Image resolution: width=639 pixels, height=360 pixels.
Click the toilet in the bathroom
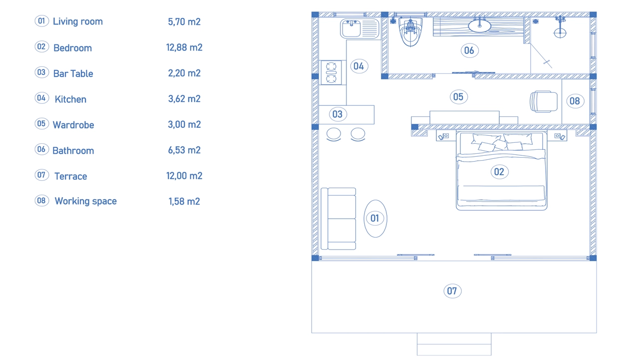point(410,31)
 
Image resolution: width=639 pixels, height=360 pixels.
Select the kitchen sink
point(360,28)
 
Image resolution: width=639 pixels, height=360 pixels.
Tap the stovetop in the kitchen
point(331,72)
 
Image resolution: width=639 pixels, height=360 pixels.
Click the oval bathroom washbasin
point(480,25)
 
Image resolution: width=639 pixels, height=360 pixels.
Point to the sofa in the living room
point(338,219)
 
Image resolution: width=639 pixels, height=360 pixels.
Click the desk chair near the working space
point(544,101)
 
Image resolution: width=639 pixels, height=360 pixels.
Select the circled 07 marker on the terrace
point(452,291)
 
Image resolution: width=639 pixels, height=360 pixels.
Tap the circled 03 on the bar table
point(338,114)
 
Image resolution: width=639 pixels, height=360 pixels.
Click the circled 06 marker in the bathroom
point(469,50)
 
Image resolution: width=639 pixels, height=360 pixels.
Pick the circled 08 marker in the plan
point(575,101)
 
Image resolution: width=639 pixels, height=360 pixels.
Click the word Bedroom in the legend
point(73,48)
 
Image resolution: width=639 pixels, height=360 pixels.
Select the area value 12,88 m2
point(184,47)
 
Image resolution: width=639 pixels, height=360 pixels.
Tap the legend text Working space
point(85,201)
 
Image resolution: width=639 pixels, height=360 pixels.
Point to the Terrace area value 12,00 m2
point(184,176)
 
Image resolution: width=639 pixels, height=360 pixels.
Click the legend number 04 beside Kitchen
point(41,98)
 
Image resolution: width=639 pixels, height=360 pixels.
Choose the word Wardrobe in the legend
point(73,125)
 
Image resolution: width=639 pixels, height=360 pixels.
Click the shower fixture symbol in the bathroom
point(560,27)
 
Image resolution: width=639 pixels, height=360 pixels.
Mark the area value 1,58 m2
point(184,201)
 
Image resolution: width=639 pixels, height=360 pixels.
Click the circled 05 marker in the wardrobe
point(458,97)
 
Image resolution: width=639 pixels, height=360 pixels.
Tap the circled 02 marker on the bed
point(499,172)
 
